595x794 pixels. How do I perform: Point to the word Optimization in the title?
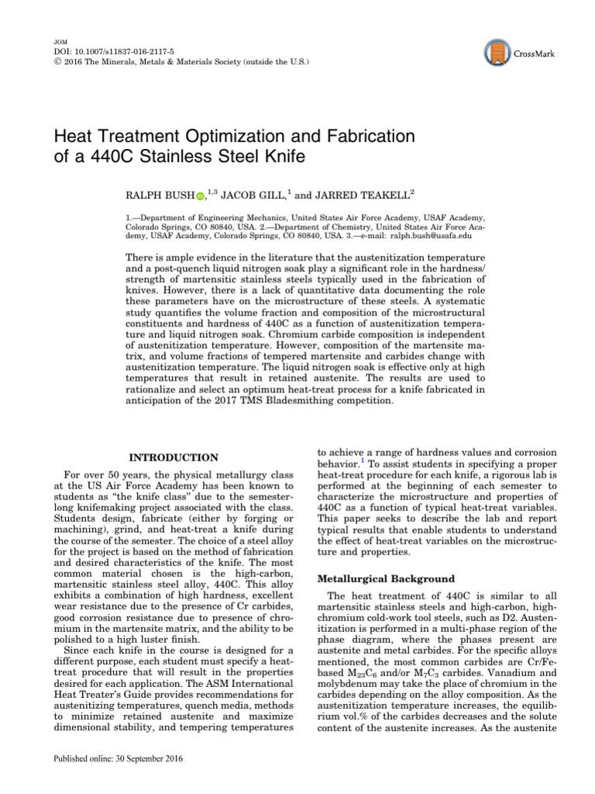[232, 136]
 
